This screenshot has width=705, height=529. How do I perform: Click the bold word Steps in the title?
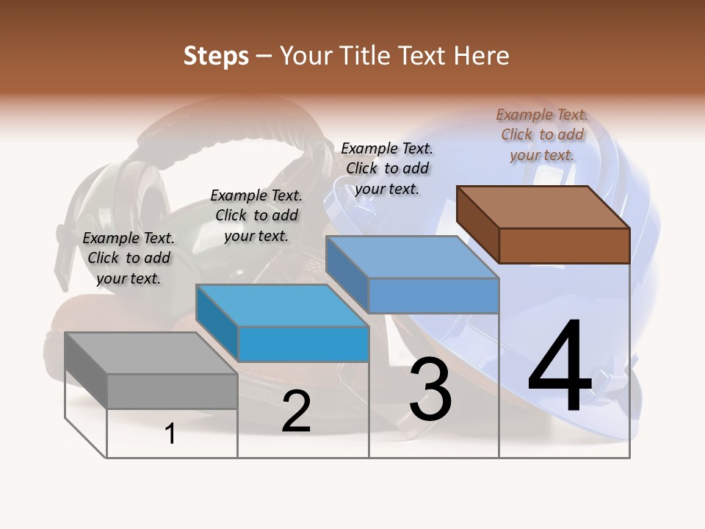pyautogui.click(x=216, y=56)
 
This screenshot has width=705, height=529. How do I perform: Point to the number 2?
pyautogui.click(x=296, y=411)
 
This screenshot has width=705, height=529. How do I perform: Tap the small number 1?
pyautogui.click(x=170, y=434)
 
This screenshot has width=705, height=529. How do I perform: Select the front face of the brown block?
pyautogui.click(x=564, y=245)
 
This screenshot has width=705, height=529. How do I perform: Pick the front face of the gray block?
pyautogui.click(x=172, y=391)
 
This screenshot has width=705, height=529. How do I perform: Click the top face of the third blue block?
pyautogui.click(x=412, y=257)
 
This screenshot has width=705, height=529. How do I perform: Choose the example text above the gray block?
pyautogui.click(x=129, y=258)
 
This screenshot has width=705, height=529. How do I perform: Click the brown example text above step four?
pyautogui.click(x=542, y=134)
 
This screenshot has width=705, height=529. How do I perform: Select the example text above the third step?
pyautogui.click(x=387, y=168)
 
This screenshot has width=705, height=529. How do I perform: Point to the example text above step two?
pyautogui.click(x=256, y=215)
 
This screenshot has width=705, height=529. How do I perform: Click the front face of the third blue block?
pyautogui.click(x=433, y=295)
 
